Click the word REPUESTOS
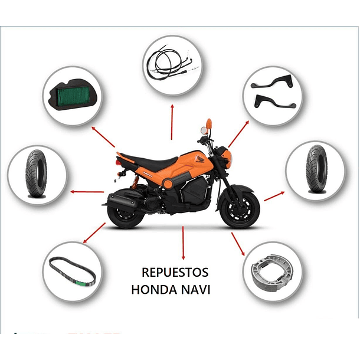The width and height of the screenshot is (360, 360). click(175, 273)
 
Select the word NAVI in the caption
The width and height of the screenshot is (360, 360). click(198, 290)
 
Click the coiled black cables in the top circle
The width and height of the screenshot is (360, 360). click(172, 63)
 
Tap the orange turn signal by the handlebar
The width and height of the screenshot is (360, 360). click(208, 125)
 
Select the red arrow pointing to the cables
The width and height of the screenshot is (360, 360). click(172, 122)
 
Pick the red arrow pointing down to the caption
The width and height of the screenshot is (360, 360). click(184, 243)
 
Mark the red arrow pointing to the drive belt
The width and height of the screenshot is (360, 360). click(94, 233)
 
